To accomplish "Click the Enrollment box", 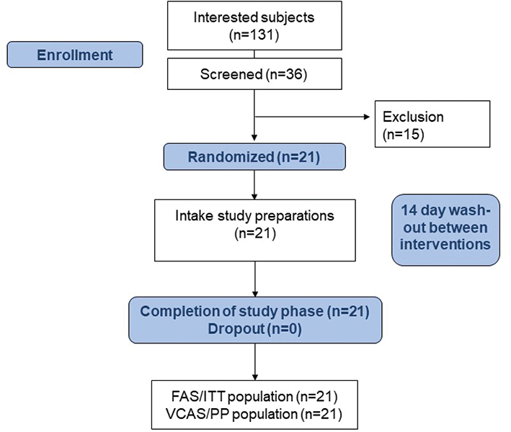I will point(74,55).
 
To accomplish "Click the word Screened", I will point(221,73).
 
